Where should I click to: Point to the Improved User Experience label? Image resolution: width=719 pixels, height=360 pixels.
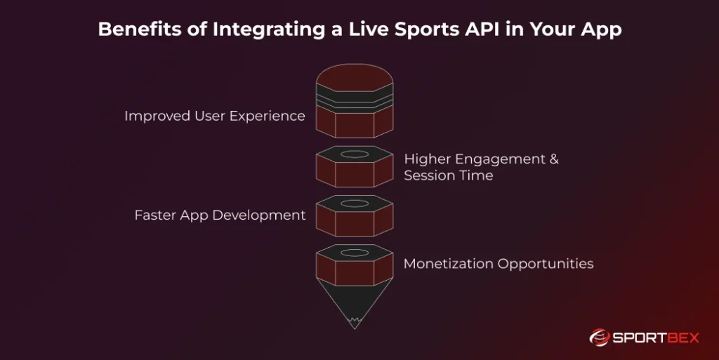pyautogui.click(x=214, y=116)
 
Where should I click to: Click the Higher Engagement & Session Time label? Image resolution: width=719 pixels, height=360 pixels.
pyautogui.click(x=481, y=167)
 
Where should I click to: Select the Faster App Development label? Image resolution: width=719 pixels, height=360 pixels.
pyautogui.click(x=220, y=215)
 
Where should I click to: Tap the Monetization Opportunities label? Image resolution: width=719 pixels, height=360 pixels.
pyautogui.click(x=498, y=264)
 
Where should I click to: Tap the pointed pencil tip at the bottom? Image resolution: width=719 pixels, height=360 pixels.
pyautogui.click(x=355, y=319)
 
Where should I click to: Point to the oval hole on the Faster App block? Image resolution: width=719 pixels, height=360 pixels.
pyautogui.click(x=355, y=204)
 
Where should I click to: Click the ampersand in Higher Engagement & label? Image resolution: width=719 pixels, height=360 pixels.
pyautogui.click(x=553, y=159)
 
